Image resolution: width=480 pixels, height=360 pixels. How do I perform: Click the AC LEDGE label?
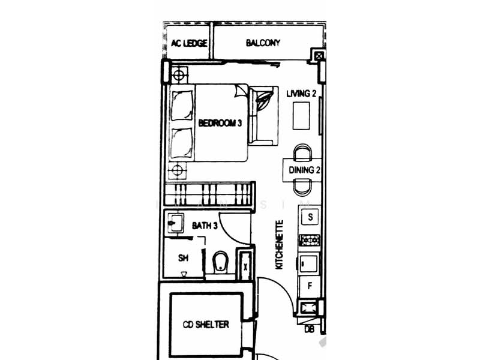tap(190, 43)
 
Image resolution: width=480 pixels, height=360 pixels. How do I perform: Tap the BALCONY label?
tap(263, 43)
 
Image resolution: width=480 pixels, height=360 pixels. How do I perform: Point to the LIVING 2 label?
tap(301, 94)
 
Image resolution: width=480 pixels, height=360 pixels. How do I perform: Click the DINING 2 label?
tap(305, 170)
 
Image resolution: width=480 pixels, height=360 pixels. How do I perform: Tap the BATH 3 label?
tap(204, 226)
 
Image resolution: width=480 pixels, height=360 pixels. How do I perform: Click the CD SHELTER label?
tap(206, 325)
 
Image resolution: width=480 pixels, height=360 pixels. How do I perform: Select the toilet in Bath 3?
tap(220, 262)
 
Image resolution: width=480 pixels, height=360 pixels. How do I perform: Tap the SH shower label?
tap(184, 258)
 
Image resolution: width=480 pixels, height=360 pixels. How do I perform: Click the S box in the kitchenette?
tap(310, 217)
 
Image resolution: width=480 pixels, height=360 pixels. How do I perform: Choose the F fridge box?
tap(310, 286)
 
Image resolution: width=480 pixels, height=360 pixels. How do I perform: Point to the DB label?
tap(310, 329)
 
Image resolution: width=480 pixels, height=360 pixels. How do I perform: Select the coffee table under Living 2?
tap(301, 115)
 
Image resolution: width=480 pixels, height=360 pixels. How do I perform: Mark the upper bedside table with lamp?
tap(178, 76)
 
